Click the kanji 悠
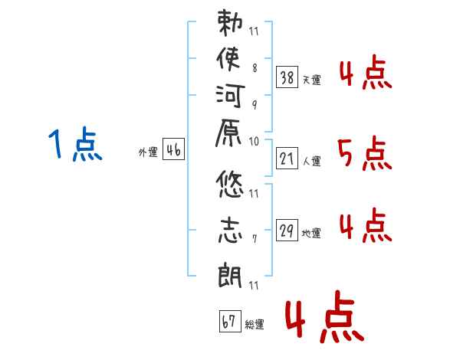(x=231, y=186)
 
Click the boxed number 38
(x=287, y=77)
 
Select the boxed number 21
(x=287, y=159)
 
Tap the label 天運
(x=312, y=80)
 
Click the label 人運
(x=312, y=162)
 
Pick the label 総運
(x=255, y=324)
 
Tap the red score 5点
(x=364, y=155)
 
